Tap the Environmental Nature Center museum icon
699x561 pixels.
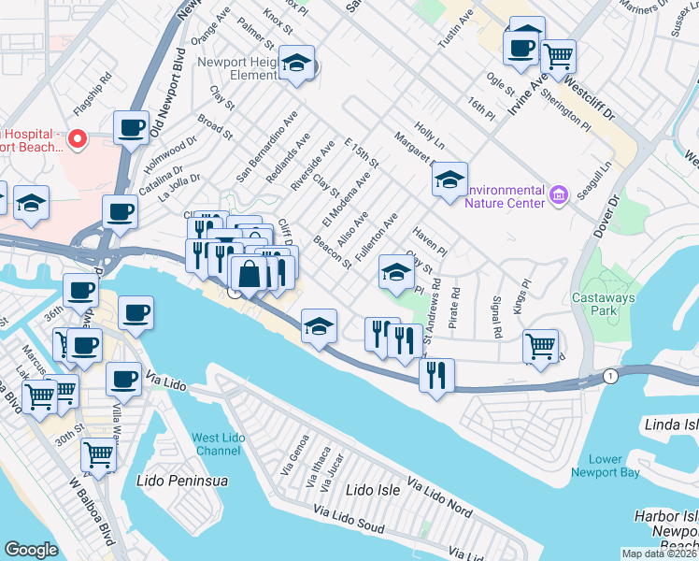tap(559, 194)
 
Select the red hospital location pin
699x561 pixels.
tap(78, 139)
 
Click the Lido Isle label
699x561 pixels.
tap(373, 490)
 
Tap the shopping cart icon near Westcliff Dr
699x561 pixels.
tap(558, 56)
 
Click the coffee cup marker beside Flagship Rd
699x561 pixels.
tap(132, 126)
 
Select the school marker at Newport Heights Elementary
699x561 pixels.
tap(297, 64)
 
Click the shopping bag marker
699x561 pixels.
tap(250, 275)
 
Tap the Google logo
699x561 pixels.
tap(31, 550)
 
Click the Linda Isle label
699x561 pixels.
tap(670, 425)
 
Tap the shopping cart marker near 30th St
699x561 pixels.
tap(99, 455)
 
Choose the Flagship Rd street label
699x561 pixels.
tap(93, 77)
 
